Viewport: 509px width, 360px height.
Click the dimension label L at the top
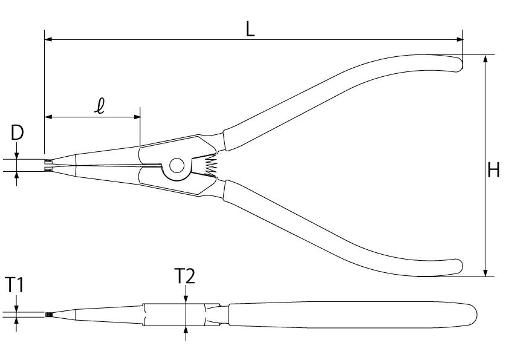coord(250,30)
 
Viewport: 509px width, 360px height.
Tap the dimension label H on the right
coord(494,170)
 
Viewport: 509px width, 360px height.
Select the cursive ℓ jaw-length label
coord(100,106)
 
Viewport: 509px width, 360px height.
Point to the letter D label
coord(17,133)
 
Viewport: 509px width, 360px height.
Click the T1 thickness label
coord(15,285)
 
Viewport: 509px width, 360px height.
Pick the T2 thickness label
coord(185,276)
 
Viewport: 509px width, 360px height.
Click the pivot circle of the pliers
coord(177,166)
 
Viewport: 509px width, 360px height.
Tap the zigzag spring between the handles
coord(210,166)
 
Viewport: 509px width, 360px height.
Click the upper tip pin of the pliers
coord(48,161)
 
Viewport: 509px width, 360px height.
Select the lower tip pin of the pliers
coord(48,169)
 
